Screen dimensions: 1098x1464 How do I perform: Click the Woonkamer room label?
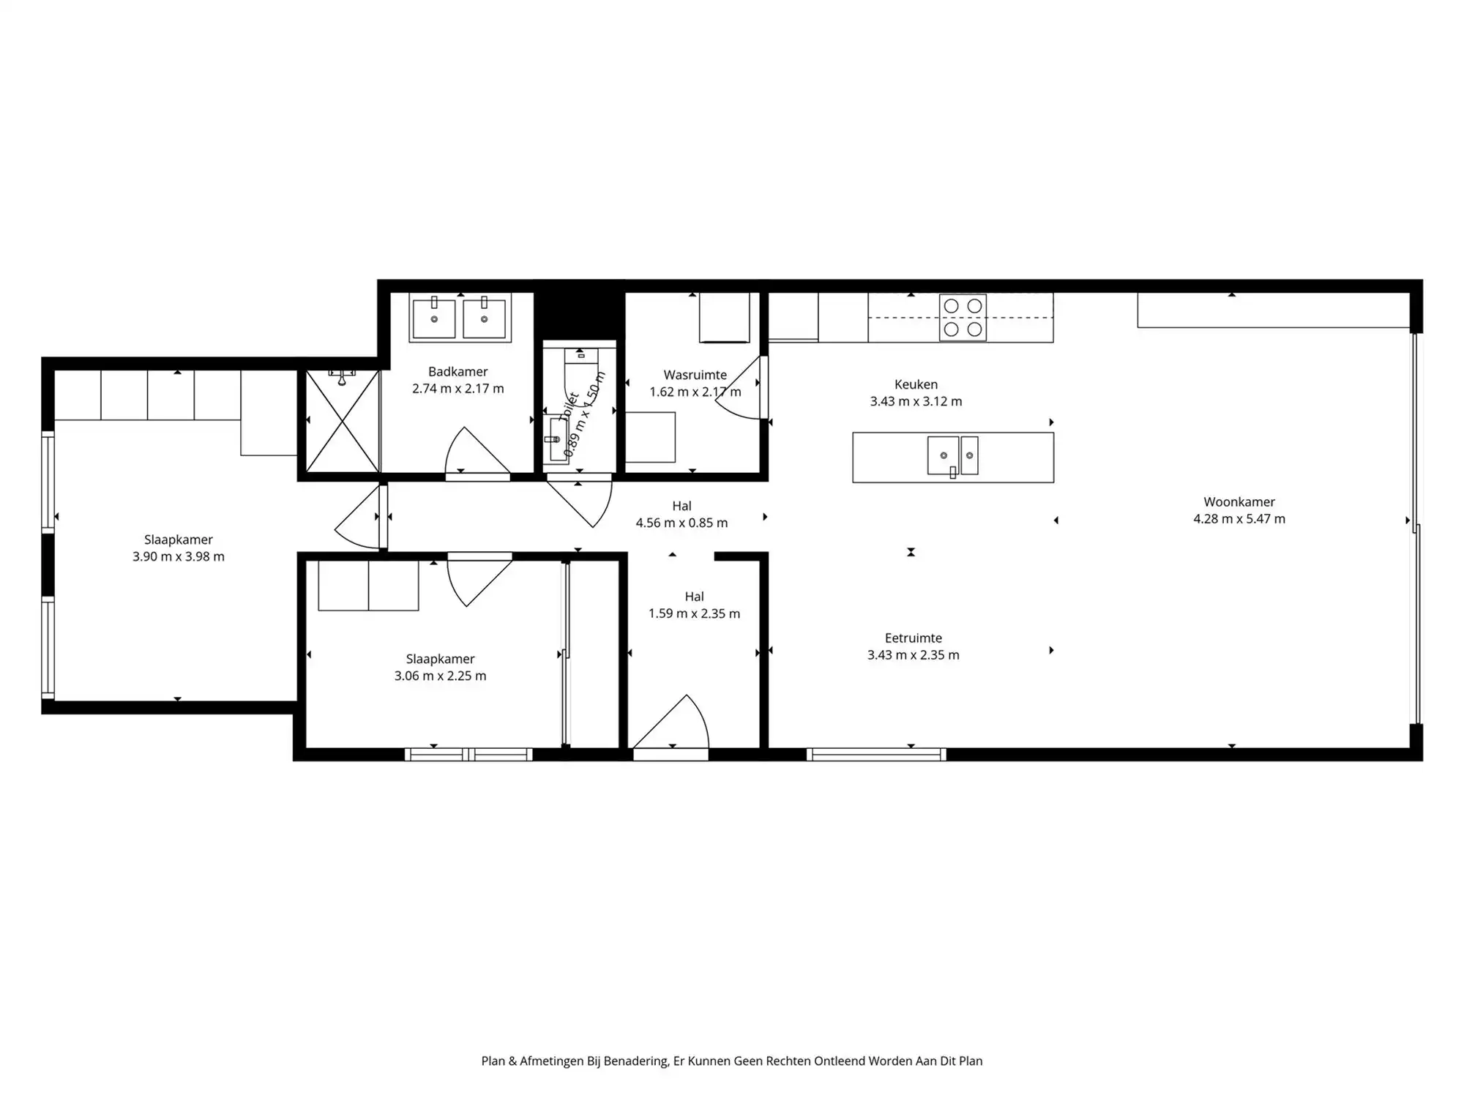[1239, 501]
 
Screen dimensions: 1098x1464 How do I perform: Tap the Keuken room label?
[916, 384]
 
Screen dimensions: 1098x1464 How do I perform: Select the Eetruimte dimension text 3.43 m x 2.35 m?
[913, 655]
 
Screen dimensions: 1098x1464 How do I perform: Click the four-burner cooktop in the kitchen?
[963, 318]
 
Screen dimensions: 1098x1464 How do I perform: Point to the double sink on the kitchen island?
[952, 455]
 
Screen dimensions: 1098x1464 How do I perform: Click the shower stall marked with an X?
[342, 422]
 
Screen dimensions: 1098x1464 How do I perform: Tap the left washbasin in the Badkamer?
[433, 318]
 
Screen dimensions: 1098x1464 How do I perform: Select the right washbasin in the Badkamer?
[484, 318]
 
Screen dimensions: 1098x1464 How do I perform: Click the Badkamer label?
[457, 372]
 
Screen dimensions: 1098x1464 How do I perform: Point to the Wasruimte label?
[695, 375]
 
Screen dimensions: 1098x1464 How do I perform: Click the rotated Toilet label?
[569, 407]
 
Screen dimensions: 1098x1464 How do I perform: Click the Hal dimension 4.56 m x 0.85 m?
[681, 523]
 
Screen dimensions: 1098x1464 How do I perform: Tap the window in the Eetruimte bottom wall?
[876, 754]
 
